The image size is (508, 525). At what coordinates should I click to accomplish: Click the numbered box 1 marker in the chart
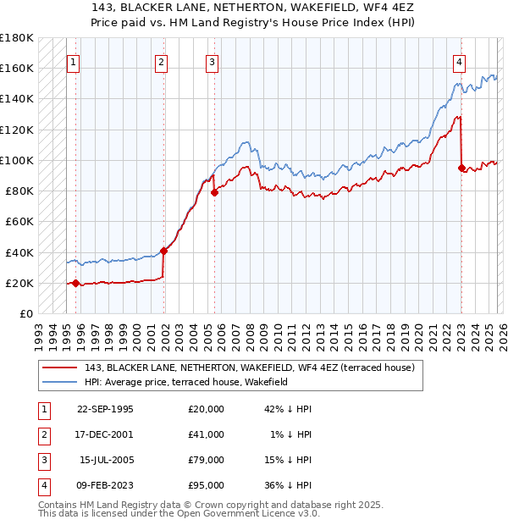75,61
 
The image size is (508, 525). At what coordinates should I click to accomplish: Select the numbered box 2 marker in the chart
161,61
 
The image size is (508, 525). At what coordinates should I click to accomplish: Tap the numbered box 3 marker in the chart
212,61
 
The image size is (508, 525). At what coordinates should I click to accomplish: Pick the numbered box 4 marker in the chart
458,61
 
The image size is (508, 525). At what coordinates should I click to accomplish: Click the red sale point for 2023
461,168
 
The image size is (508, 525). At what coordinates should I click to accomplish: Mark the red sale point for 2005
214,192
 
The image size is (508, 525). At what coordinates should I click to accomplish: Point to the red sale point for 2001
163,251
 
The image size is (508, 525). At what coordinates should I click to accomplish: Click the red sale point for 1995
75,283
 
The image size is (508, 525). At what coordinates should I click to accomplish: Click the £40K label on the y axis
19,252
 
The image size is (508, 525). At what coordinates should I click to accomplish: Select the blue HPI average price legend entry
186,382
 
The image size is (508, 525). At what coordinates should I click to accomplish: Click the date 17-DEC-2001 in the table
105,434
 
